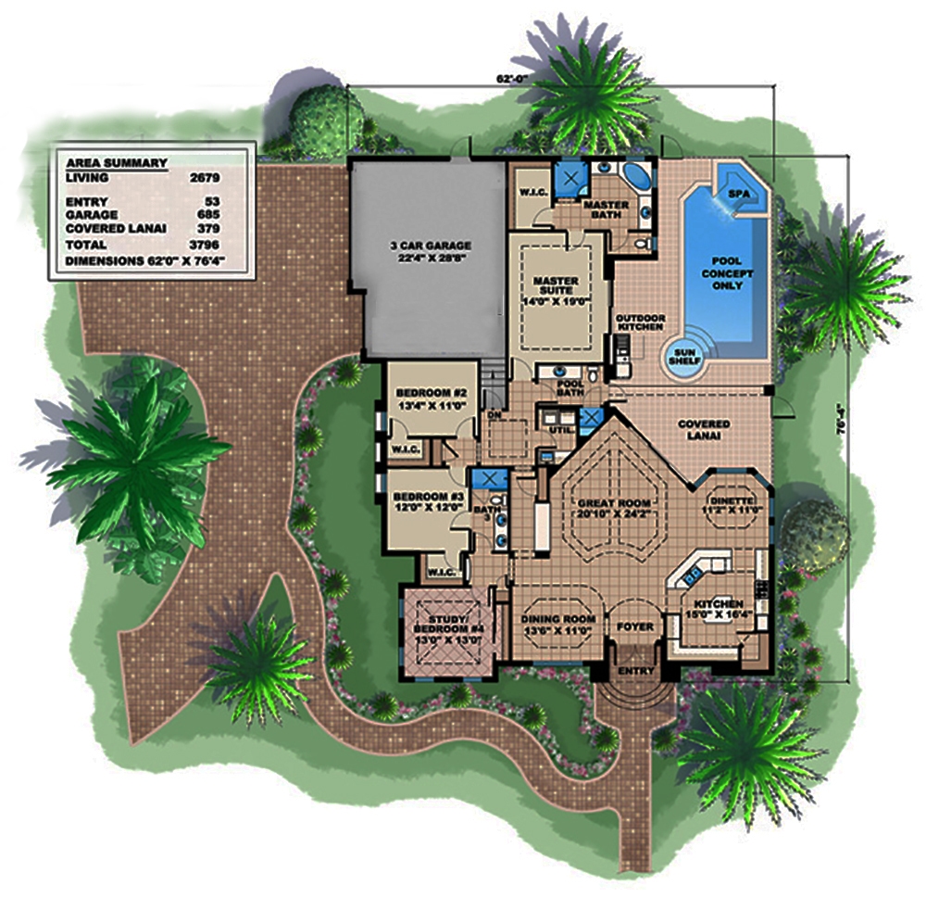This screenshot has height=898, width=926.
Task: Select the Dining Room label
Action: pyautogui.click(x=557, y=620)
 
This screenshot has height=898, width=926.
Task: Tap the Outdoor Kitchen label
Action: pyautogui.click(x=641, y=323)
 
